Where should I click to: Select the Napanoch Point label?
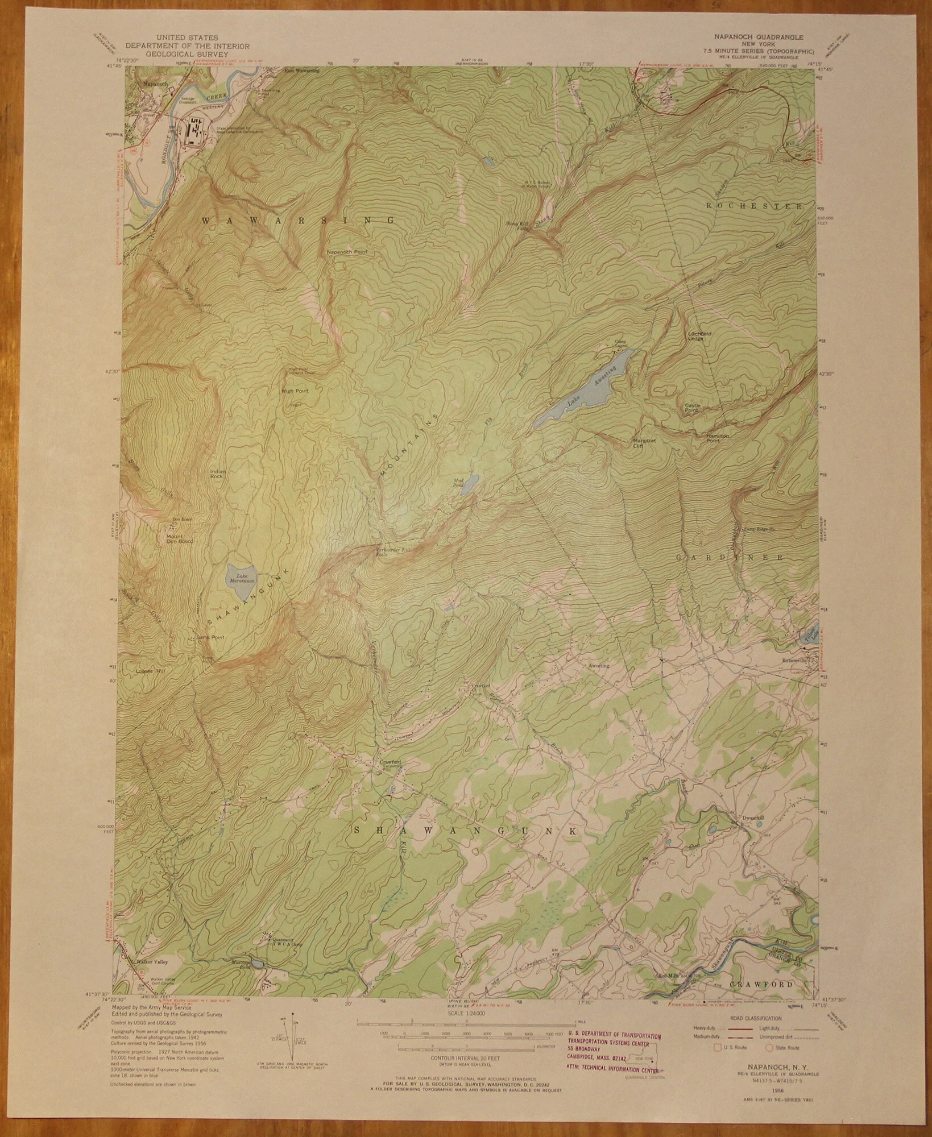[x=347, y=251]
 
